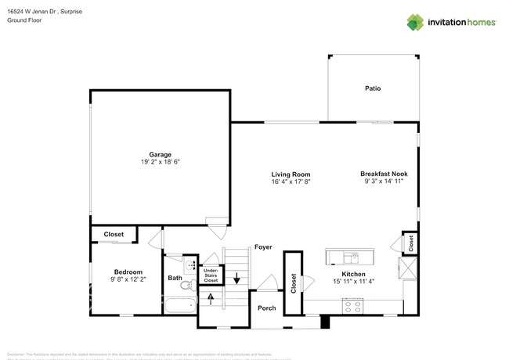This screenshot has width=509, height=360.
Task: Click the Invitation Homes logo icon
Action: (x=416, y=22)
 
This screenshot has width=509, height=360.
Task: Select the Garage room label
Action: (x=161, y=154)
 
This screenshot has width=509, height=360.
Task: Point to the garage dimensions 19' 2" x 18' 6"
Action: (x=161, y=162)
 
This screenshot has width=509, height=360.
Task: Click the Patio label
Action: (x=373, y=88)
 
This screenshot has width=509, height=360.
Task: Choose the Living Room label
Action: (x=291, y=175)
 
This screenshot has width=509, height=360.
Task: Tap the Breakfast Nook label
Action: (x=384, y=175)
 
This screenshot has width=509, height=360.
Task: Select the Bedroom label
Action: (x=128, y=272)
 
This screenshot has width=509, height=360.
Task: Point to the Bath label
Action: (x=175, y=278)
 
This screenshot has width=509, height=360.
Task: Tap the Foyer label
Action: (x=262, y=247)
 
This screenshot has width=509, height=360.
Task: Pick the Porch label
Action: (x=266, y=308)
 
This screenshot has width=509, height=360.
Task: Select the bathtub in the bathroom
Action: (x=180, y=307)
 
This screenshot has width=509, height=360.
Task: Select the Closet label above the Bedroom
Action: (x=114, y=234)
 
